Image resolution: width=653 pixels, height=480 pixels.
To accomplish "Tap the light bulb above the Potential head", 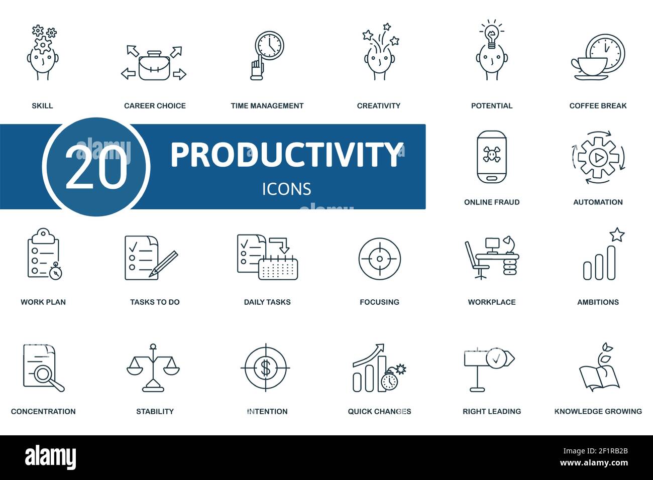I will coord(491,36).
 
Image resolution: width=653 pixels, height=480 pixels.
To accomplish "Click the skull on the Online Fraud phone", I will coord(491,155).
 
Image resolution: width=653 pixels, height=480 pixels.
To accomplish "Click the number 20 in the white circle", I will coord(96,167).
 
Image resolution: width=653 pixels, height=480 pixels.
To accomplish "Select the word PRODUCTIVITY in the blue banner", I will coord(286,155).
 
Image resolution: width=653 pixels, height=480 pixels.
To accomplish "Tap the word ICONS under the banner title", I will coord(286,189).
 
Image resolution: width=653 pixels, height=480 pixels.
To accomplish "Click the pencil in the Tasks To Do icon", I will coord(164,263).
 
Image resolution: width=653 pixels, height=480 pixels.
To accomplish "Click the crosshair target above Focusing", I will coord(379,259).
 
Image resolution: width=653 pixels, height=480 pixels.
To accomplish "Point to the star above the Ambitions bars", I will coord(617,234).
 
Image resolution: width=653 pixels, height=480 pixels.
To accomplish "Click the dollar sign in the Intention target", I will coord(266,369).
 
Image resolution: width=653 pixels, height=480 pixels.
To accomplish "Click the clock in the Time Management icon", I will coord(269,46).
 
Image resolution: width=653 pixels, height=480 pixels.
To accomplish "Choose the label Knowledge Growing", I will coord(598,411).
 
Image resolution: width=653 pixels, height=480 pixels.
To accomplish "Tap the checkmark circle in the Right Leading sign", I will coord(496,358).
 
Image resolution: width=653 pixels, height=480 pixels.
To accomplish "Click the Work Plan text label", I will coord(43,302).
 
